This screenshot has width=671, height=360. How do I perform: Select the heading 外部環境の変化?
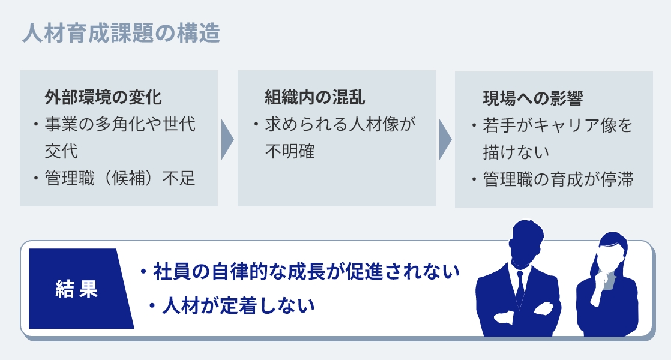click(x=103, y=97)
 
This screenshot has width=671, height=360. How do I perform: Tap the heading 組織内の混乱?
click(x=314, y=97)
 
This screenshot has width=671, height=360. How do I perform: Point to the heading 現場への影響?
click(x=532, y=98)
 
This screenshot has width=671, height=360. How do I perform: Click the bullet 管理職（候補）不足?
click(x=120, y=178)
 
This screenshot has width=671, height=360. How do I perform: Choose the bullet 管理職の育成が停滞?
click(x=558, y=179)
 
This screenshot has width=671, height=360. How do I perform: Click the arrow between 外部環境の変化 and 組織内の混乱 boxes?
click(x=227, y=140)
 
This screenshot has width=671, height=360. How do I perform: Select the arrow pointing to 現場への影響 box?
click(x=445, y=140)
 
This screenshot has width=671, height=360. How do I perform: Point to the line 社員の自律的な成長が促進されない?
click(x=306, y=271)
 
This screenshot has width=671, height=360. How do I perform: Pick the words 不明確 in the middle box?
click(x=290, y=151)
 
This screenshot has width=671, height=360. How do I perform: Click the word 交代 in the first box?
click(x=61, y=151)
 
